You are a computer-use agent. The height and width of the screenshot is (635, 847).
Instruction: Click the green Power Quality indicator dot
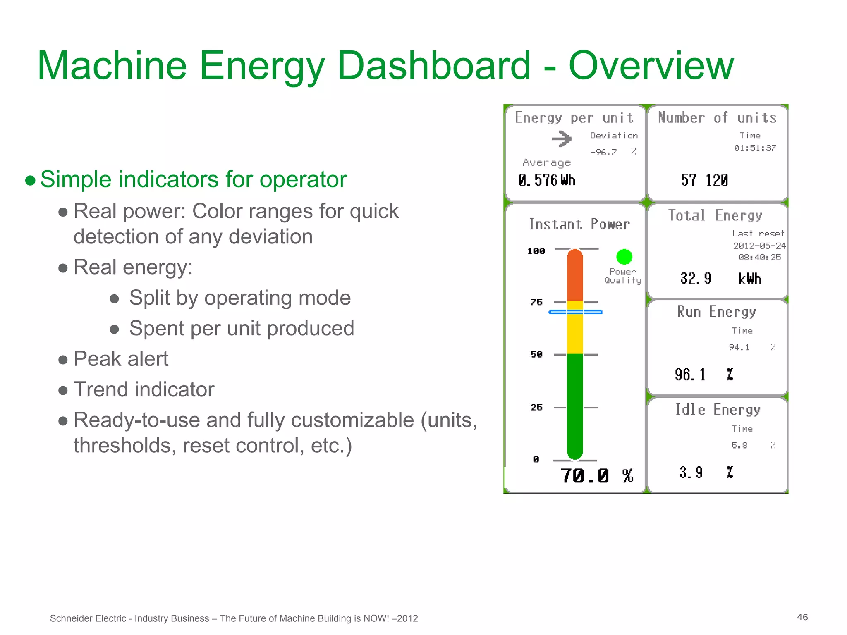(x=624, y=257)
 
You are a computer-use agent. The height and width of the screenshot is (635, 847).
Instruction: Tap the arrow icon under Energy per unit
(x=562, y=139)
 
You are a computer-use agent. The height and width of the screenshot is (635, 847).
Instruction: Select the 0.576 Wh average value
(x=547, y=180)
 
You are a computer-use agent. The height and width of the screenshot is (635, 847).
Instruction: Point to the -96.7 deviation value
(x=603, y=152)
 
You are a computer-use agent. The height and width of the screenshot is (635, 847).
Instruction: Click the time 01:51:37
(x=755, y=148)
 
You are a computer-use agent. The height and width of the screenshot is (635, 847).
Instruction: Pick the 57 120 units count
(x=704, y=180)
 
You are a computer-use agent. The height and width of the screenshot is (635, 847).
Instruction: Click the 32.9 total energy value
(x=696, y=278)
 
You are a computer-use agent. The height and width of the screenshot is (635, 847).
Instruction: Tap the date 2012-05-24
(x=759, y=246)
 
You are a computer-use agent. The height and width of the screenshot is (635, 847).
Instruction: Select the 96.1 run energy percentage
(x=690, y=375)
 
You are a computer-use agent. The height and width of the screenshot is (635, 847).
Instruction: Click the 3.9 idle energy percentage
(x=691, y=472)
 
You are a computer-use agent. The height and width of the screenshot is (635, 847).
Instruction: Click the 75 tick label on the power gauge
(x=536, y=302)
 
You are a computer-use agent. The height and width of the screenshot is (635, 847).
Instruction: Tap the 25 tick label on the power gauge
(x=536, y=407)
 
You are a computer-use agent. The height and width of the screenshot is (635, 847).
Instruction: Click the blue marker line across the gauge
(x=575, y=312)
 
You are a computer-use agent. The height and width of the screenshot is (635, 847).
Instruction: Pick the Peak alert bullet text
(x=121, y=358)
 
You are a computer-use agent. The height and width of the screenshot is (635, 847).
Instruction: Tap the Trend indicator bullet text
(x=144, y=389)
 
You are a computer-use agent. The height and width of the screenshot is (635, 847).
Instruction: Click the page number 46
(x=802, y=617)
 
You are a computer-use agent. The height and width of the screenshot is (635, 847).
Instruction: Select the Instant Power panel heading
(x=579, y=224)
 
